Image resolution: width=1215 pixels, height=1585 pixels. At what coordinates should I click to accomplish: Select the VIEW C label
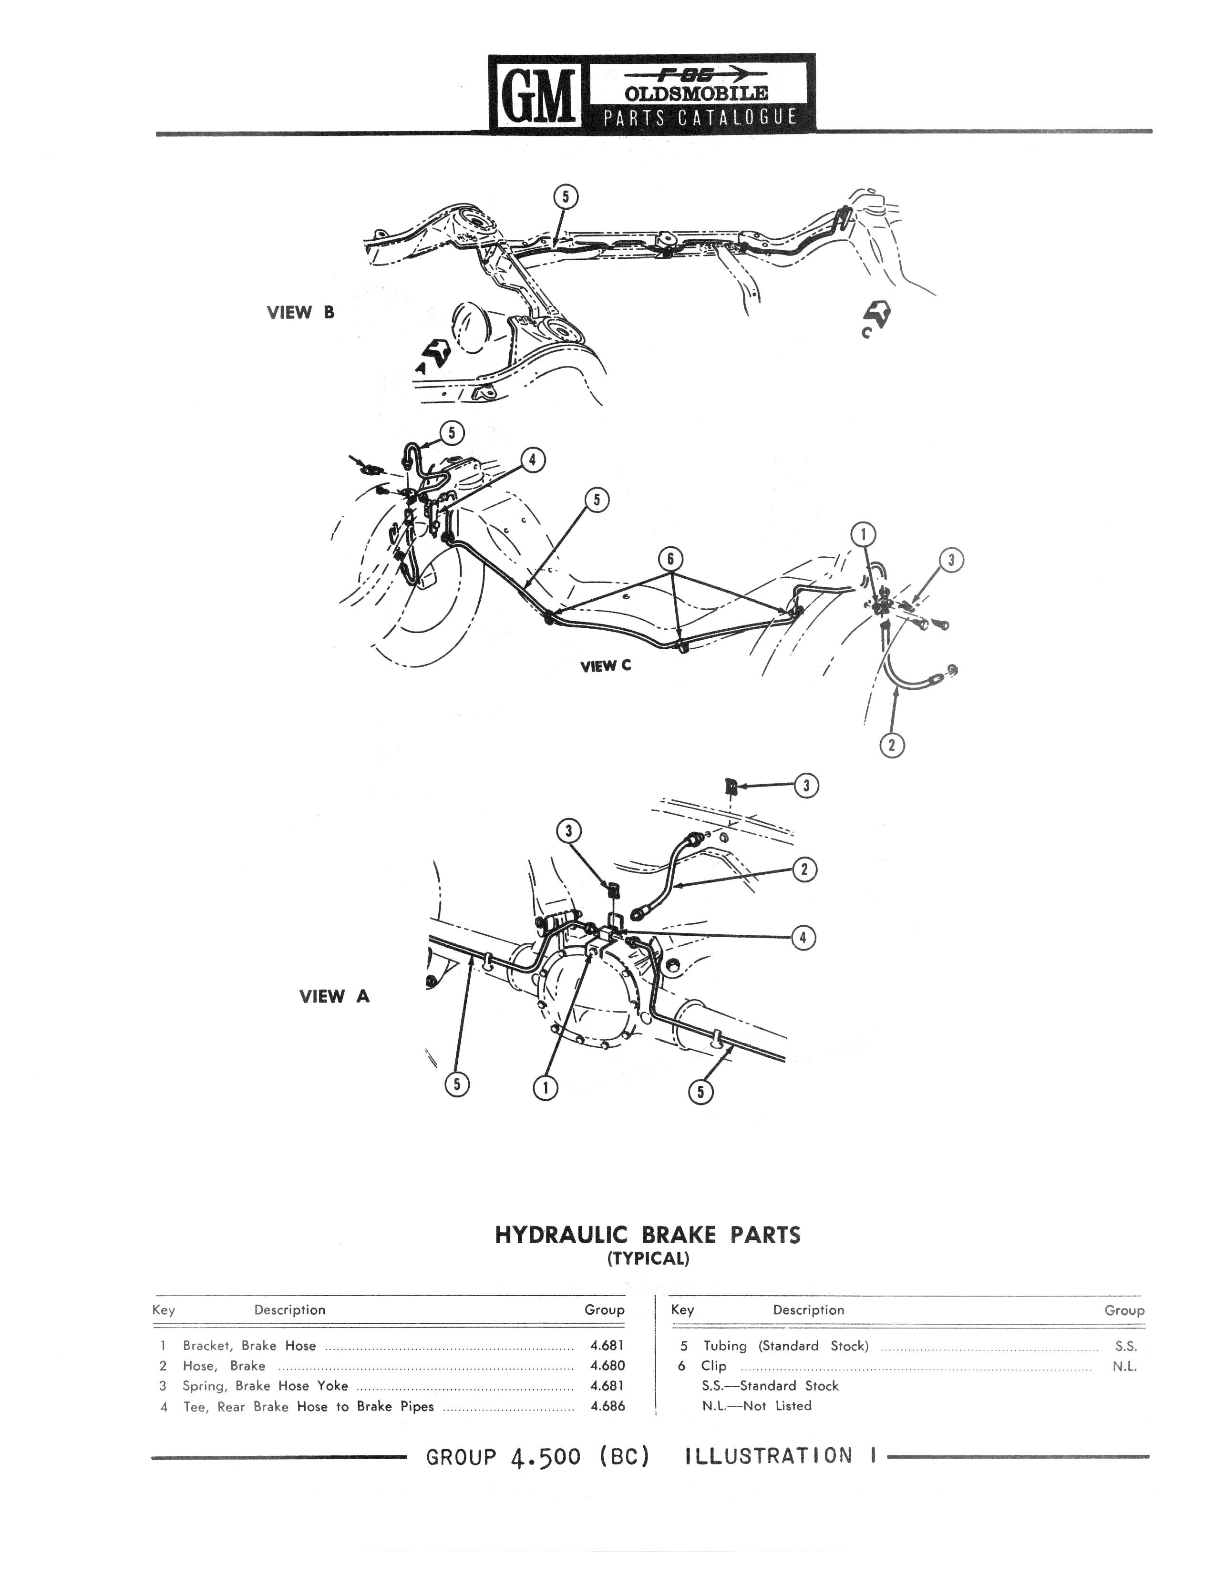[x=605, y=666]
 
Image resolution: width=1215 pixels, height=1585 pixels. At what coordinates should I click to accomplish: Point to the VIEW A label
[x=334, y=996]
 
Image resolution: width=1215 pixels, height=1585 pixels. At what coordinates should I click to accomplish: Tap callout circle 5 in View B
[x=566, y=197]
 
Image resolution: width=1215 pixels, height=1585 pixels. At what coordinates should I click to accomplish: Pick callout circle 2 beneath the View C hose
[x=892, y=744]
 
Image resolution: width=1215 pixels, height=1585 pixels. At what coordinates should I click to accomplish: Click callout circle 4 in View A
[x=803, y=938]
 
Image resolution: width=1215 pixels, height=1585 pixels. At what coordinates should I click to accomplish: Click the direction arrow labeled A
[x=435, y=354]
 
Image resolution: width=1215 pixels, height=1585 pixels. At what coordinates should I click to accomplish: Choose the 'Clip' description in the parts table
[x=713, y=1366]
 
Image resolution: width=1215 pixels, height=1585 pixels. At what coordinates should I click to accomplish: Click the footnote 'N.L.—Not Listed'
[x=756, y=1406]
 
